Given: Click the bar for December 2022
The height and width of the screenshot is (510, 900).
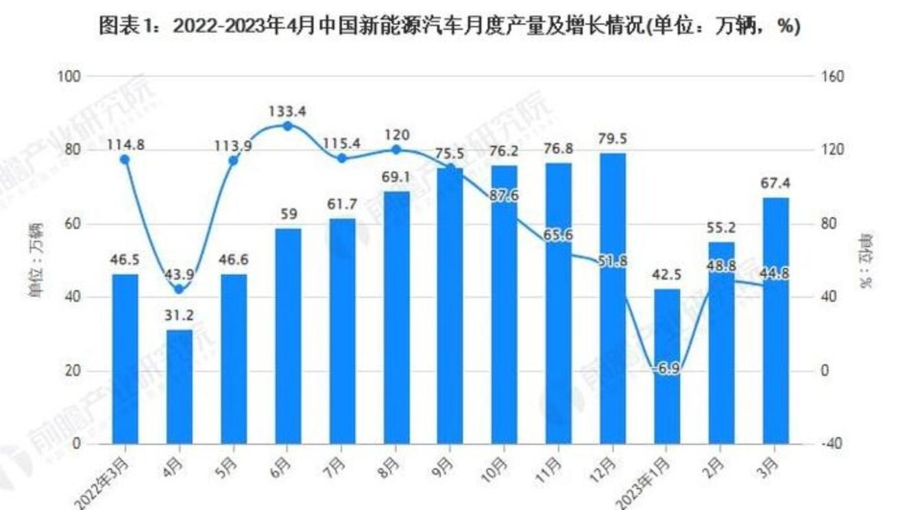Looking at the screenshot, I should click(x=612, y=298).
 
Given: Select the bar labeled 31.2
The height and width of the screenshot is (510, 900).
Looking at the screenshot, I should click(x=180, y=387).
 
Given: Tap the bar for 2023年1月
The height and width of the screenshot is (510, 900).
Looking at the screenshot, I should click(x=666, y=366).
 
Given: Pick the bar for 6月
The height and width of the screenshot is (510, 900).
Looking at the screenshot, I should click(x=288, y=336).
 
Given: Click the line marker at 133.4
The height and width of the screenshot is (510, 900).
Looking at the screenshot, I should click(x=288, y=126).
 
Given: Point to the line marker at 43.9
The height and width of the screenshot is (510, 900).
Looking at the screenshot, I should click(x=180, y=289).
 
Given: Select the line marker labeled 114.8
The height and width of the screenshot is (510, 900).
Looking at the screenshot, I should click(x=125, y=160).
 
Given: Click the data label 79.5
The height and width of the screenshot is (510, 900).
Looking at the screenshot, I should click(x=612, y=140).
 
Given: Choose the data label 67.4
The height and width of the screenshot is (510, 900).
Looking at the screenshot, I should click(x=775, y=184).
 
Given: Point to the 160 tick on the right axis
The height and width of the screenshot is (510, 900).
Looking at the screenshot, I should click(x=832, y=77).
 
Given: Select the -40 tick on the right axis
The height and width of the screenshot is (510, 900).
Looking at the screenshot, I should click(x=832, y=444).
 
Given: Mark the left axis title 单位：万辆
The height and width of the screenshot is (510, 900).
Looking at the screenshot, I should click(x=34, y=260).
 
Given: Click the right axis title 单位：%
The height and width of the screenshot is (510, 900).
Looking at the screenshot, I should click(x=868, y=260).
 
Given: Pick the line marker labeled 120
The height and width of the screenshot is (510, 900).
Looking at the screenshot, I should click(x=396, y=149).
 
